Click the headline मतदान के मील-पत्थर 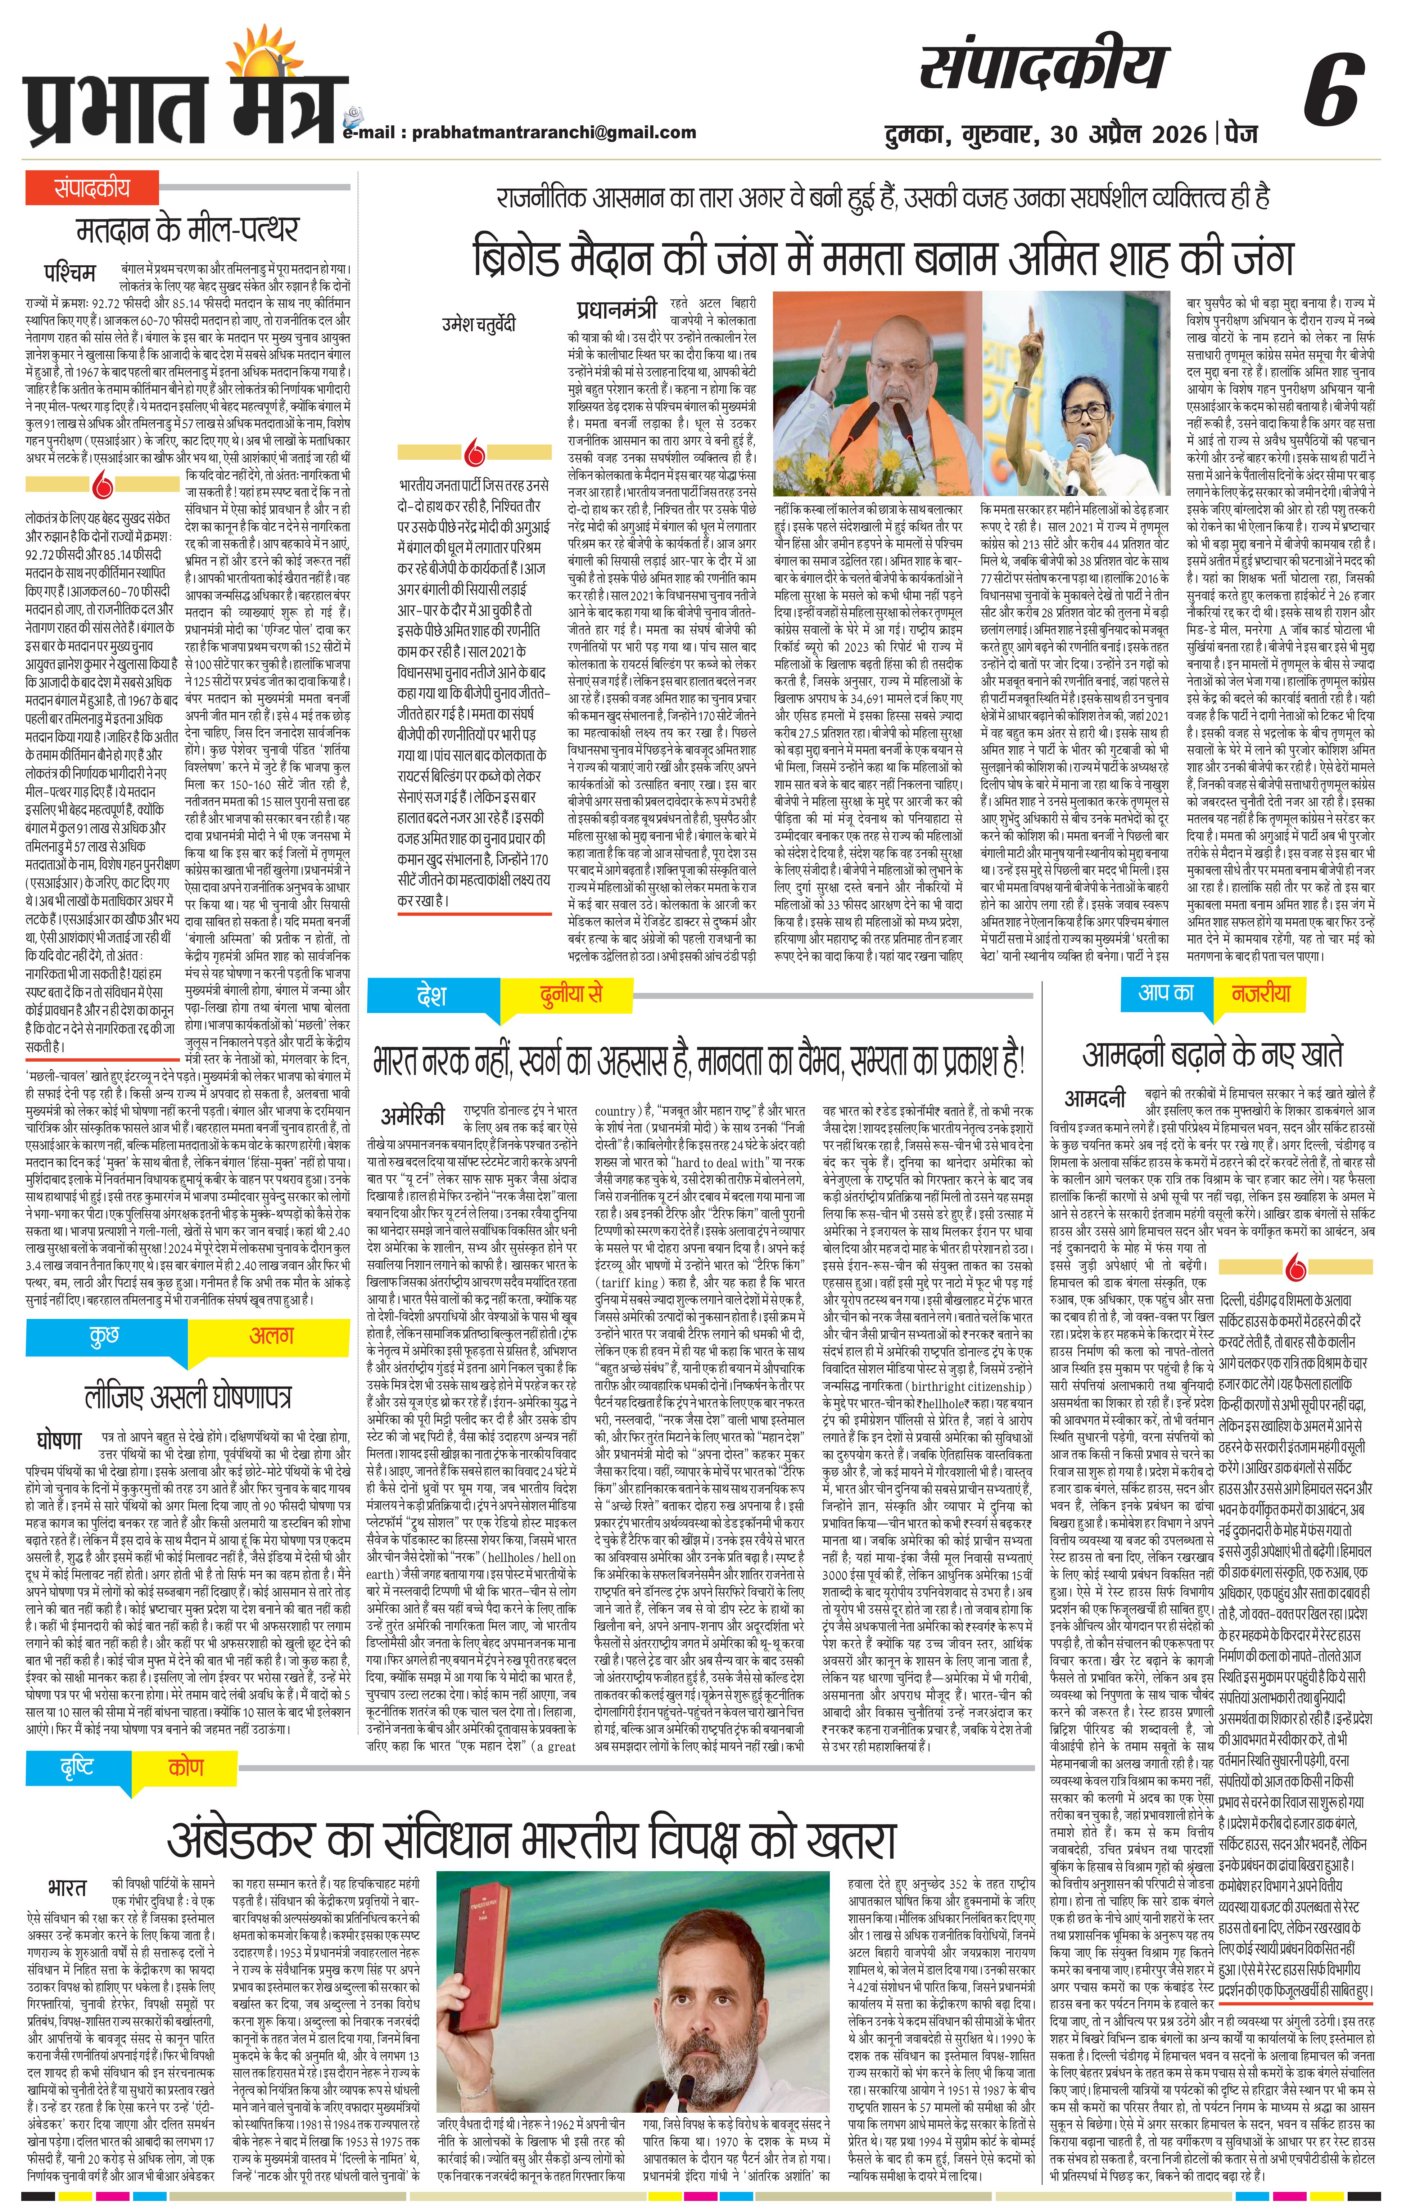(188, 230)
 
